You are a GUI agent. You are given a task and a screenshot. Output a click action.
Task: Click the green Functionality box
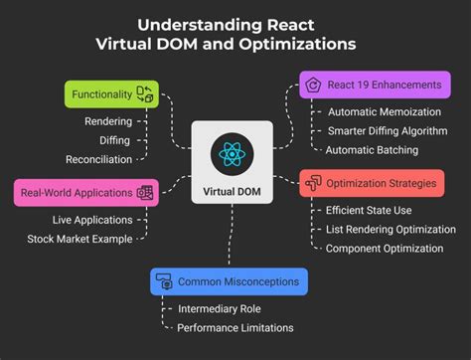(110, 94)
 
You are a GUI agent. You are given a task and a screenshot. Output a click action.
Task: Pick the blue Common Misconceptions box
(229, 281)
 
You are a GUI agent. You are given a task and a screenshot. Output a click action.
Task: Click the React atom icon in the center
(231, 154)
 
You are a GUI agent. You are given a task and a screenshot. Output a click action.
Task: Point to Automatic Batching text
(373, 150)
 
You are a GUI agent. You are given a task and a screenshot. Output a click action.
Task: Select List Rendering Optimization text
(391, 230)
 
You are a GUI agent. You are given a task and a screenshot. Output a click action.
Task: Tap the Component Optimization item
(385, 249)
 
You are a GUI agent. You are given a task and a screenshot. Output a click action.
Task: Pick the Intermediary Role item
(219, 308)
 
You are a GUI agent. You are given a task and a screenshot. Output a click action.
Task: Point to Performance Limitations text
(235, 328)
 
